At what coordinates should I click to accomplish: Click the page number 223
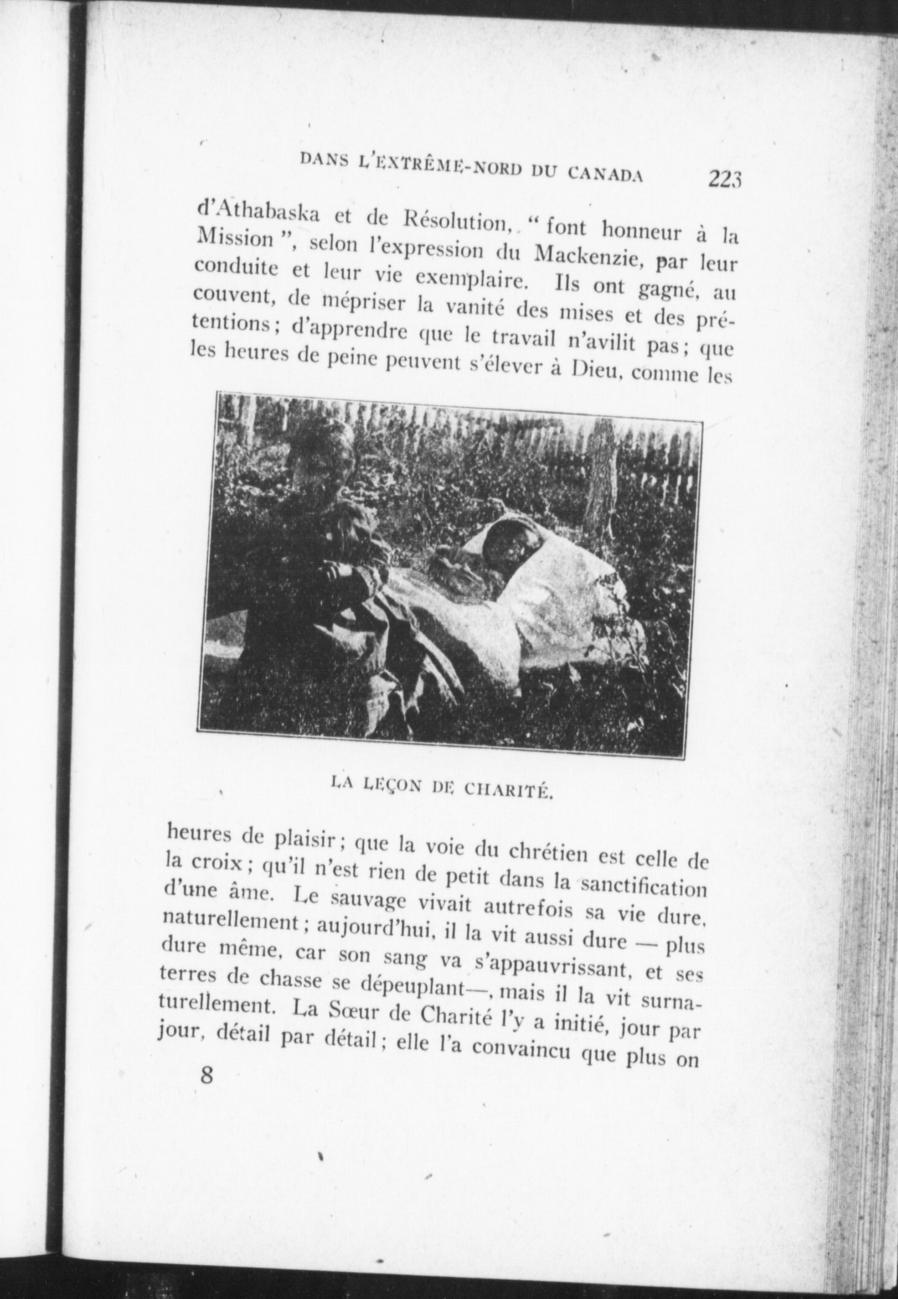[725, 179]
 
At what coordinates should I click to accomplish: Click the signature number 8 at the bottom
[208, 1091]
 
